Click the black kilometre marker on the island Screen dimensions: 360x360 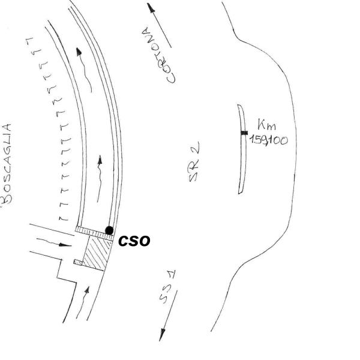(x=244, y=133)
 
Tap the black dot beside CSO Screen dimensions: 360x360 (x=109, y=230)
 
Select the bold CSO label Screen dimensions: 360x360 (x=133, y=241)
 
